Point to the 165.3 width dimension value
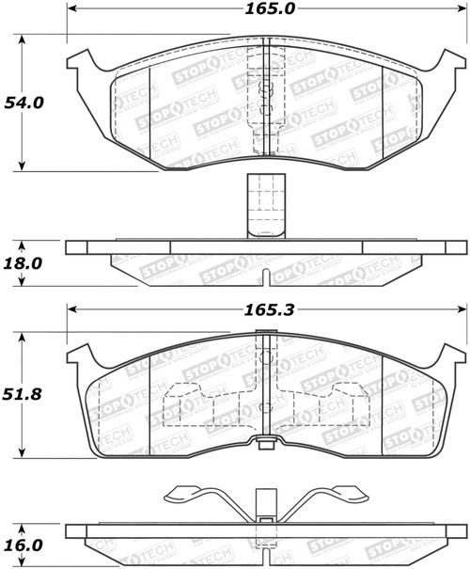pyautogui.click(x=266, y=307)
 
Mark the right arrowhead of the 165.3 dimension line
pyautogui.click(x=462, y=308)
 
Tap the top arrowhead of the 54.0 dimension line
pyautogui.click(x=23, y=40)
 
